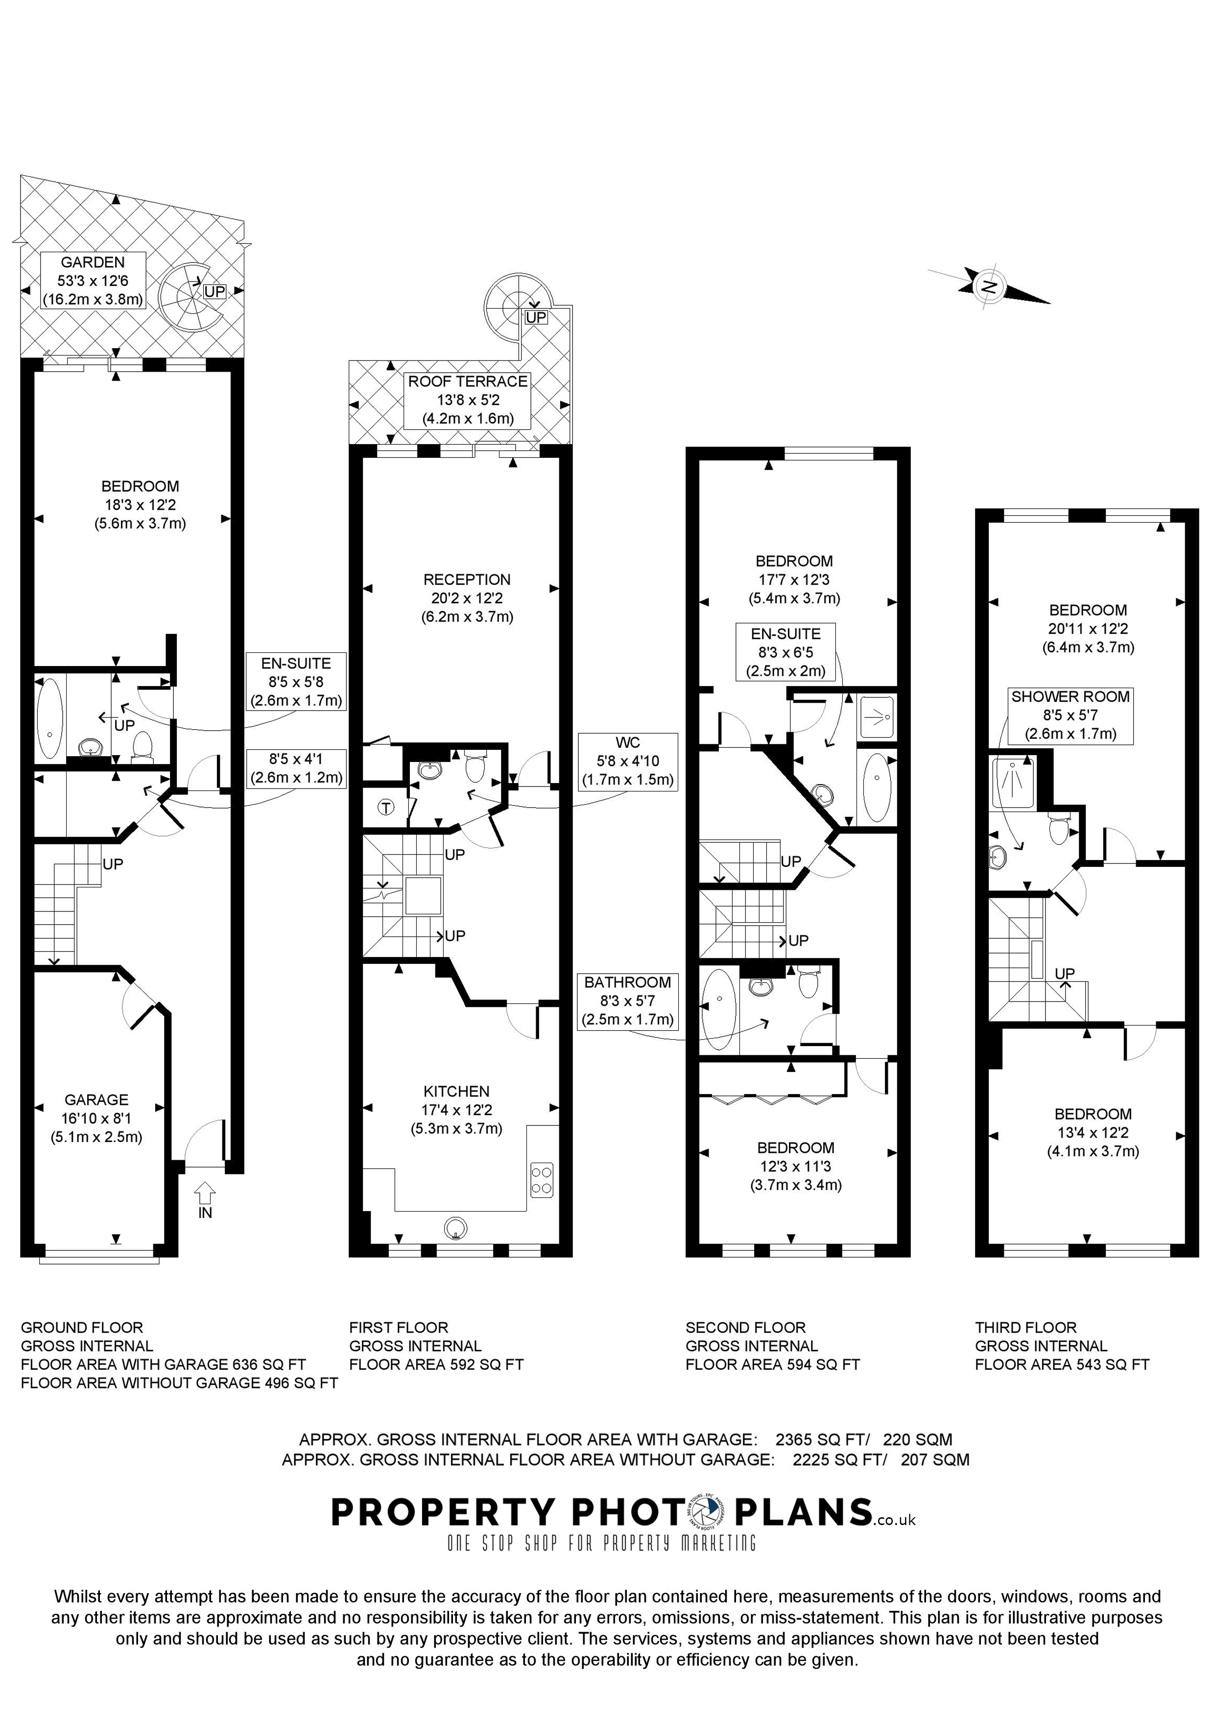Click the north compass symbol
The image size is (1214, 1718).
(989, 286)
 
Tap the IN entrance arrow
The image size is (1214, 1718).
(204, 1191)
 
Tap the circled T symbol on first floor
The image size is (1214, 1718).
(386, 808)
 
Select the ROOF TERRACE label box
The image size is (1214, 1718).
(468, 400)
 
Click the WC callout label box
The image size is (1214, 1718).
(628, 761)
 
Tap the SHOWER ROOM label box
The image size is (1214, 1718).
(1070, 716)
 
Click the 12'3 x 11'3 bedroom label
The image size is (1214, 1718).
(795, 1166)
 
